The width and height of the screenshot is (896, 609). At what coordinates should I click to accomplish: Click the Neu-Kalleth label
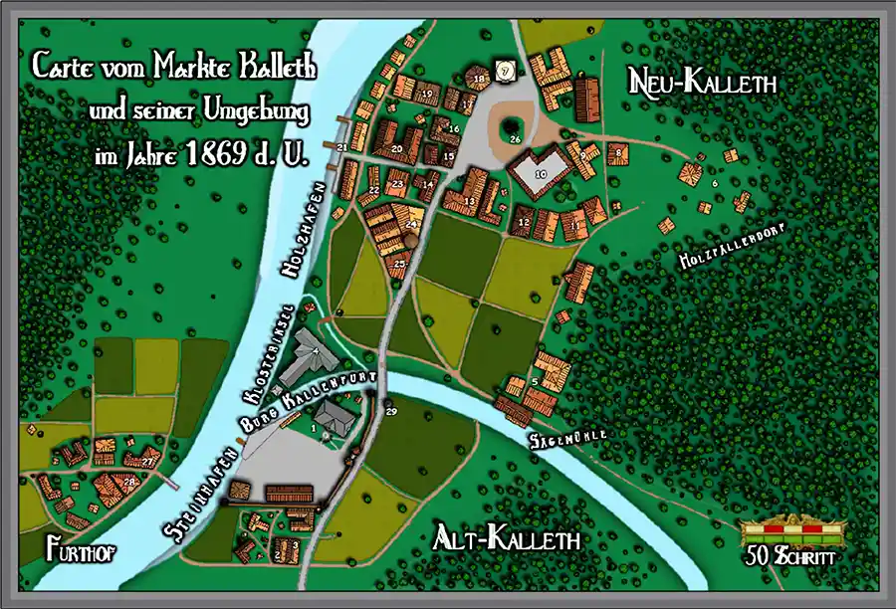pyautogui.click(x=702, y=83)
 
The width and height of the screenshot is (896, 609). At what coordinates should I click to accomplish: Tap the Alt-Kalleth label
pyautogui.click(x=507, y=540)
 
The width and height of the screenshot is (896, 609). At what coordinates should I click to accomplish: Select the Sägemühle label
pyautogui.click(x=567, y=438)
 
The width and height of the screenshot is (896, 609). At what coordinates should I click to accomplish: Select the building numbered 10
pyautogui.click(x=541, y=171)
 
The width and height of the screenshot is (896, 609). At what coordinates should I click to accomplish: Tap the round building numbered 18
pyautogui.click(x=479, y=77)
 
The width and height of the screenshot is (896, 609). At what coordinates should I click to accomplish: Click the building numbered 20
pyautogui.click(x=396, y=150)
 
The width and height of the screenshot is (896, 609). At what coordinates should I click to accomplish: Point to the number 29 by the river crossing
pyautogui.click(x=390, y=411)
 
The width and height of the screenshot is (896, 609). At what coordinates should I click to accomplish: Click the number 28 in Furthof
pyautogui.click(x=129, y=482)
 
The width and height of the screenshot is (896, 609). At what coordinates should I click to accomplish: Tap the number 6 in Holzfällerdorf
pyautogui.click(x=714, y=183)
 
